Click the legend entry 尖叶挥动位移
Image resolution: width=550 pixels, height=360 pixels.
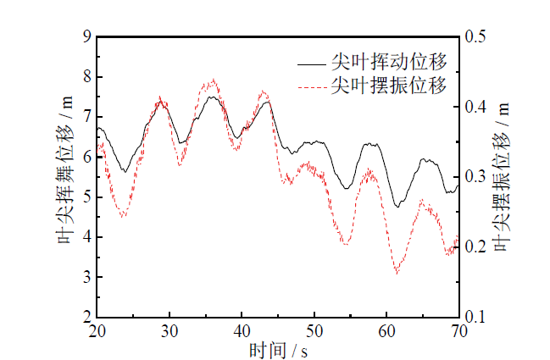click(x=389, y=63)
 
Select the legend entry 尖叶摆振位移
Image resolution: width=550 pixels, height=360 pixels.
click(x=389, y=86)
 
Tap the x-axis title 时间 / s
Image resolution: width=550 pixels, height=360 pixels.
click(x=277, y=349)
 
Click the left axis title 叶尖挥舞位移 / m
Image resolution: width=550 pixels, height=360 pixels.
click(x=65, y=177)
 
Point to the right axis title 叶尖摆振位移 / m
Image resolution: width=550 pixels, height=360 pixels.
click(x=503, y=177)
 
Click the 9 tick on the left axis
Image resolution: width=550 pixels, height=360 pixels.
click(x=86, y=37)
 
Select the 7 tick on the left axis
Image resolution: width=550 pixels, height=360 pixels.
click(x=86, y=117)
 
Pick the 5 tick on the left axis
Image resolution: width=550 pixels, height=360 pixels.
click(x=86, y=197)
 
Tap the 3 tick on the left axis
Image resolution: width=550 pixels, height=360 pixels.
click(x=86, y=277)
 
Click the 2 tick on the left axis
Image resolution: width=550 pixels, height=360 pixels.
click(x=86, y=317)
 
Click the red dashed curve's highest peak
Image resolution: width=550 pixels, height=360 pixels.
click(x=213, y=80)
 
